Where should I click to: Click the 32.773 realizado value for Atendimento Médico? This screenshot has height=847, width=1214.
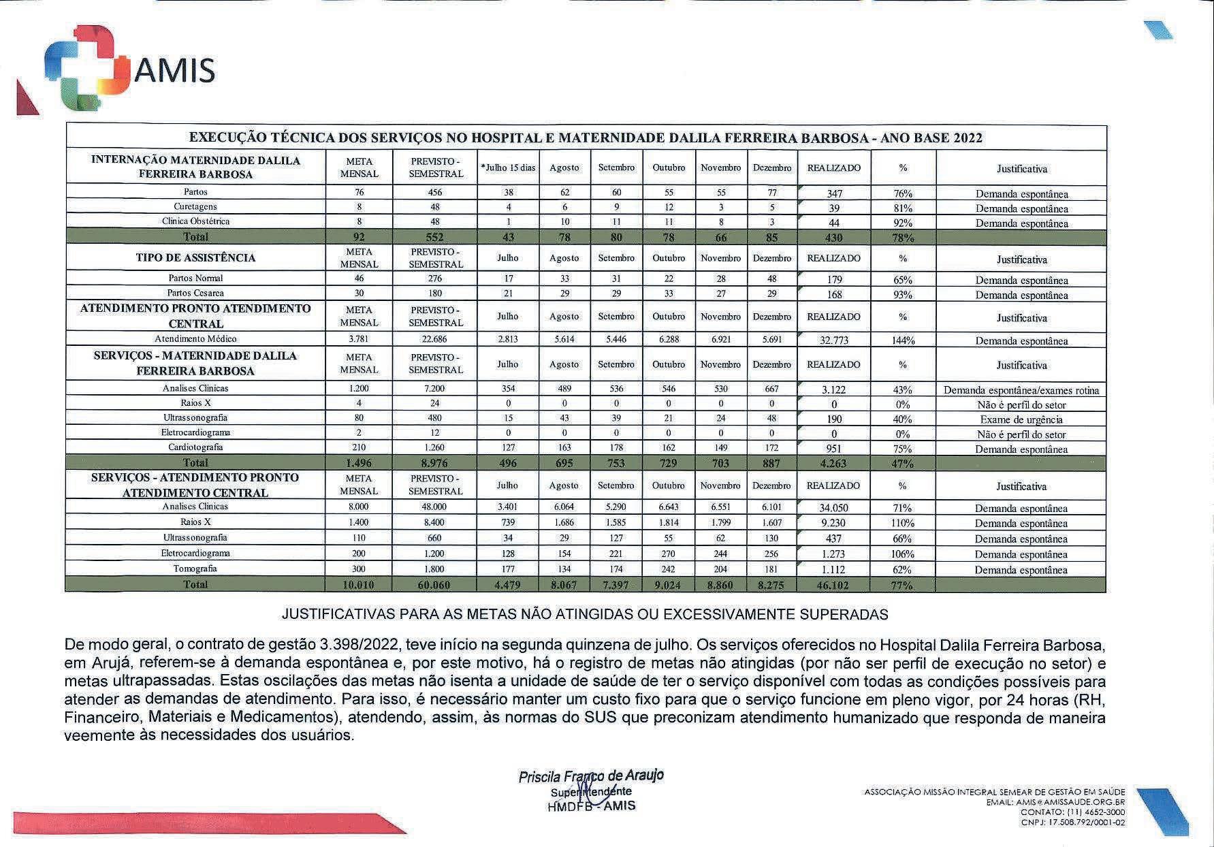click(833, 340)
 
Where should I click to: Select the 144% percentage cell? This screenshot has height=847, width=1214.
click(902, 340)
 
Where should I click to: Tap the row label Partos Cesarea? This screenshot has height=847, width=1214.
click(195, 293)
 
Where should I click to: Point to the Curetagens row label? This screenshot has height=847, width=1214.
click(195, 206)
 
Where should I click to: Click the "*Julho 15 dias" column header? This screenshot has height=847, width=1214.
click(508, 167)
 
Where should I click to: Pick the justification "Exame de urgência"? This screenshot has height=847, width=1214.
click(1021, 419)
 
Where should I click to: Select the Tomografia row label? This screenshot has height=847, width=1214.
click(195, 569)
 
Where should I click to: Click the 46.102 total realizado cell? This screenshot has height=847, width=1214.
click(833, 585)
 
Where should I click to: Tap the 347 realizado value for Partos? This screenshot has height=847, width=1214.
click(833, 194)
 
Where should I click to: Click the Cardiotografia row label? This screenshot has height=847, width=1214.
click(195, 447)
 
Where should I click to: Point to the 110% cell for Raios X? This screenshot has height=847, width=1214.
click(902, 524)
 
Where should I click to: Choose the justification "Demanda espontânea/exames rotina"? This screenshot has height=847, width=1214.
click(1021, 390)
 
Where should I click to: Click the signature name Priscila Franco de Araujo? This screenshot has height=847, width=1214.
click(590, 776)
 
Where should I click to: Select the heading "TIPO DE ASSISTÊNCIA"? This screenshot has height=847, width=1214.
click(195, 257)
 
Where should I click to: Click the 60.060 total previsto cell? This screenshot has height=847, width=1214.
click(435, 585)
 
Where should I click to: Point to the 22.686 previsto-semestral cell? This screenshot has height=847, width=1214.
click(435, 339)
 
